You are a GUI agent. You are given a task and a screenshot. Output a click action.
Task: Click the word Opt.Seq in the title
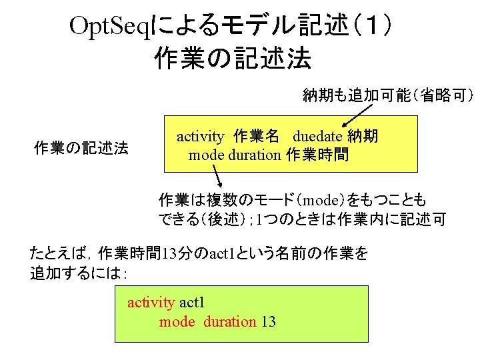pos(111,27)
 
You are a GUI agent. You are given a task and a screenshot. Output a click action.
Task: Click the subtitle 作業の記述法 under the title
pos(232,58)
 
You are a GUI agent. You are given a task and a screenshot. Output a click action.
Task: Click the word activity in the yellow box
pos(200,137)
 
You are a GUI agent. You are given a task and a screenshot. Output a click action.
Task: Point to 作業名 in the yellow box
pos(257,137)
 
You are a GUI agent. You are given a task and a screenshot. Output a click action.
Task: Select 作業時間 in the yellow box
pos(317,155)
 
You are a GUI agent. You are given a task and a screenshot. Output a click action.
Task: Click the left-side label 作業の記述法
pos(81,148)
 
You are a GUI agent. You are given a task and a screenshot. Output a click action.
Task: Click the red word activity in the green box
pos(151,303)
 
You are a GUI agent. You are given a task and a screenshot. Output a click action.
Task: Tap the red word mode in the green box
pos(177,322)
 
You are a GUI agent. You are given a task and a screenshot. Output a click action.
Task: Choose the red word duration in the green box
pos(229,322)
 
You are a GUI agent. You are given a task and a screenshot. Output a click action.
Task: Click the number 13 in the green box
pos(268,322)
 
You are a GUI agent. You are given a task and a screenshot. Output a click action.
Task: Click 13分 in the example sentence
pos(180,254)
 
